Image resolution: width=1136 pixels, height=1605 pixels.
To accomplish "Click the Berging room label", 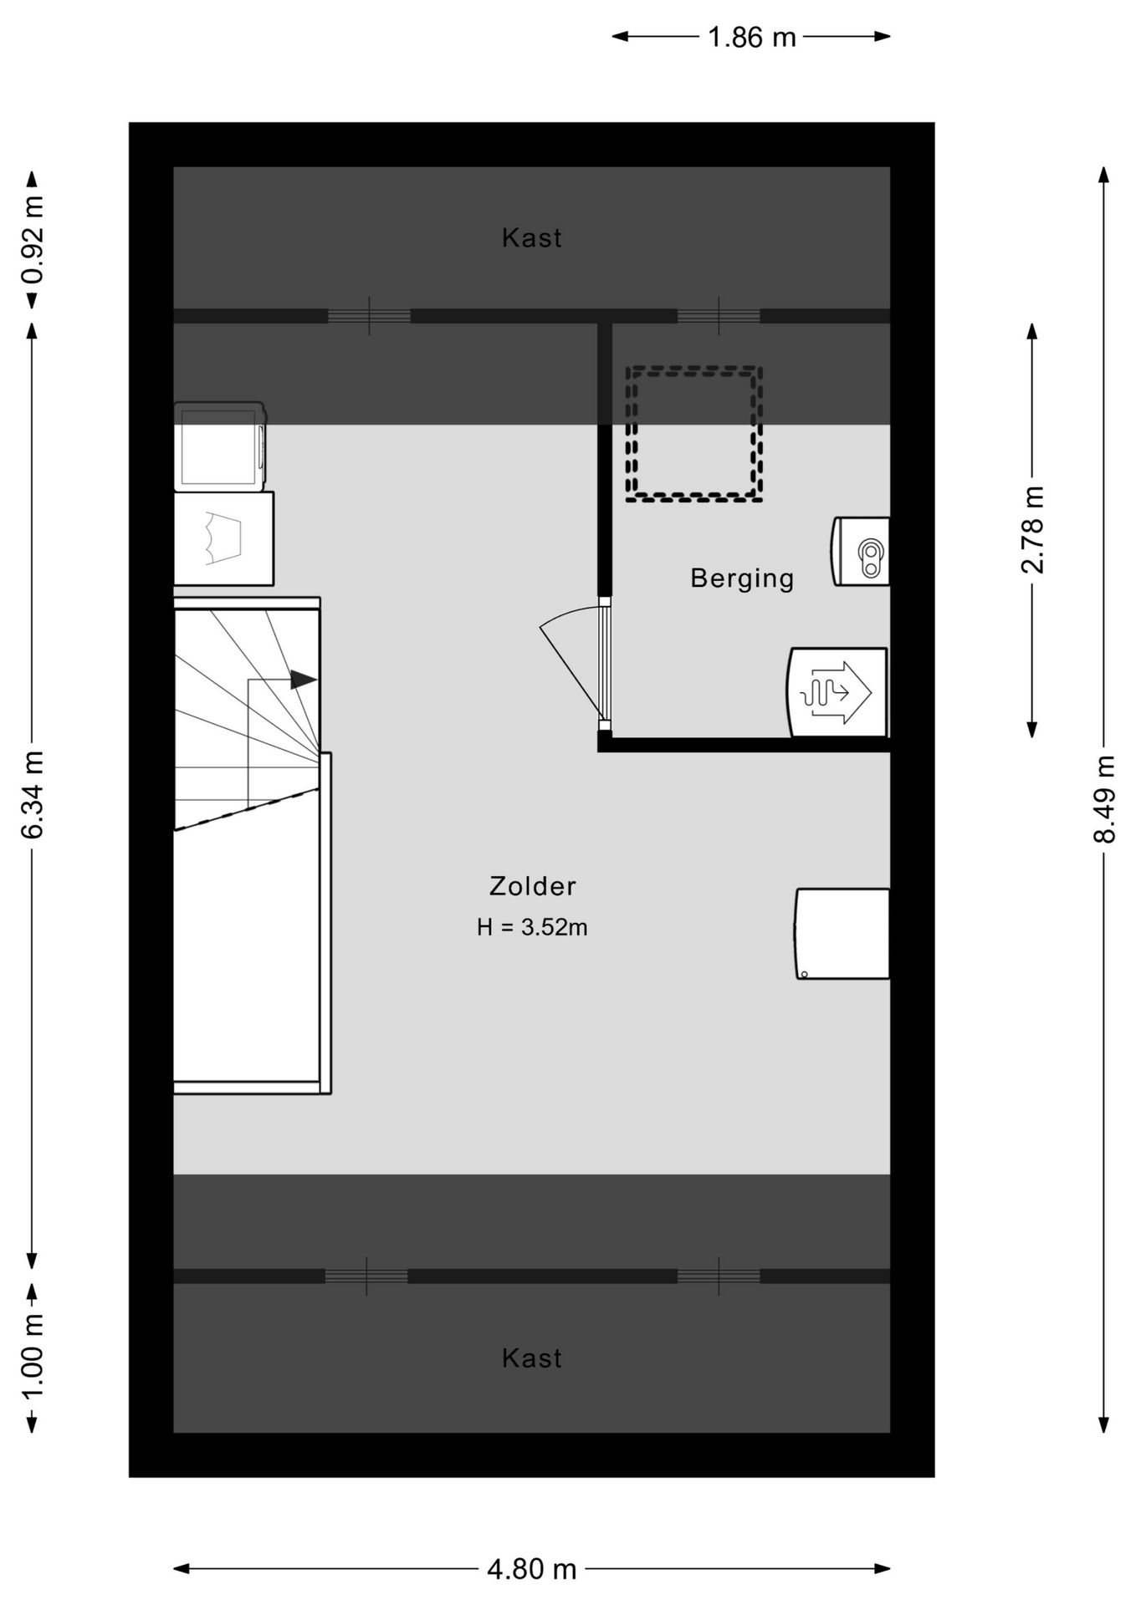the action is coord(742,578).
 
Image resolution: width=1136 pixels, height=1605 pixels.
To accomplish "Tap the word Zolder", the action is coord(533,886).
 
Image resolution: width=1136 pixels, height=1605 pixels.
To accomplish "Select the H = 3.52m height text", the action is coord(532,927).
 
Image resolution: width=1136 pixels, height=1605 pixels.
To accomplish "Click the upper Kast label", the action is coord(532,238).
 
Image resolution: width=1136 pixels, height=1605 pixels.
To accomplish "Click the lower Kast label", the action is coord(532,1358).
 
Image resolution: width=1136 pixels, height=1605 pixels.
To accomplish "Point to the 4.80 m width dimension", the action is coord(532,1569).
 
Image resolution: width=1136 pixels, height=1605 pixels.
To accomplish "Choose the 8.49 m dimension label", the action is coord(1104,799).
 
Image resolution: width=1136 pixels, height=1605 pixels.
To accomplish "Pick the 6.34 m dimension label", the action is coord(33,794).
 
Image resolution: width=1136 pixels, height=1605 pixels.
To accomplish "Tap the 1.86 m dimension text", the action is coord(752,37).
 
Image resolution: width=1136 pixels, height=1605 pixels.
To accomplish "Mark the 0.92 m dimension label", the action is coord(33,241).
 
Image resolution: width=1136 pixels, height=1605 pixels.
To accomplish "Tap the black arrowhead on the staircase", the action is coord(304,680).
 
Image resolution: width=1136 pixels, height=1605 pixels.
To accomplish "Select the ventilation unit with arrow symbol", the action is coord(837,692).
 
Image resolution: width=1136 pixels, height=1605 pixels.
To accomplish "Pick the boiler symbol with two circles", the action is coord(860,552).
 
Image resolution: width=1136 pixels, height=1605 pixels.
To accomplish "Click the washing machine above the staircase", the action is coord(220,446).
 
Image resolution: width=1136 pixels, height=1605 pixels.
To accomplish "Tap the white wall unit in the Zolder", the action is coord(842,934).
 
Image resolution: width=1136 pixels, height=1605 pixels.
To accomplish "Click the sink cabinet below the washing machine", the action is coord(223,538).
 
